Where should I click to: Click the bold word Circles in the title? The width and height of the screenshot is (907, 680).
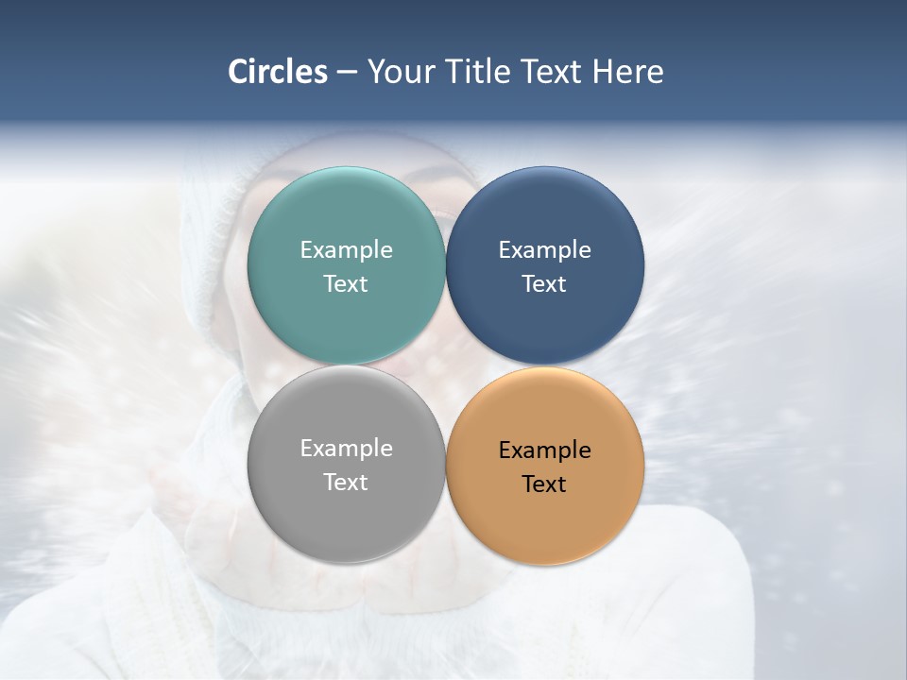(x=278, y=72)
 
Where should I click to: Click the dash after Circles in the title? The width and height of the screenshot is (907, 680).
(x=347, y=73)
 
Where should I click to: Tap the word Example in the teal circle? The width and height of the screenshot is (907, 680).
(x=346, y=250)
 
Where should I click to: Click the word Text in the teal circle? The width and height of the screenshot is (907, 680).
(x=346, y=284)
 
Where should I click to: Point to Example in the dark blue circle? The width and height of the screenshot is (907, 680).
(x=545, y=250)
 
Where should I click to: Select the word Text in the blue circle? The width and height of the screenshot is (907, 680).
(x=545, y=284)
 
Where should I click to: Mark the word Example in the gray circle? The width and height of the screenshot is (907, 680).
(x=346, y=449)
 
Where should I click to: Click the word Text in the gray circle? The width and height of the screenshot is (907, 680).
(x=346, y=483)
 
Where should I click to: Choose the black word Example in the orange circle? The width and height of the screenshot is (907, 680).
(x=545, y=450)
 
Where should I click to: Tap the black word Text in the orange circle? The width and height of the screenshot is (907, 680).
(x=545, y=484)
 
